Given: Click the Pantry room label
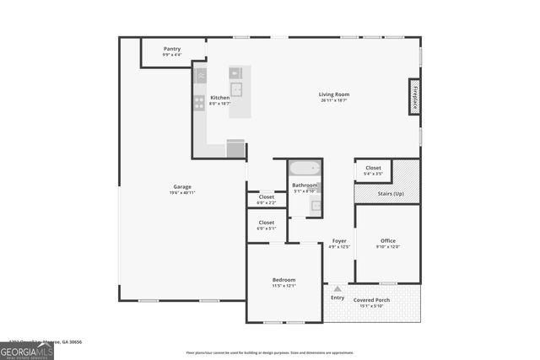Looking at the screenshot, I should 171,49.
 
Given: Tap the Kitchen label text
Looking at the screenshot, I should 219,97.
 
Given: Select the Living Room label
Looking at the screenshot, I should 333,94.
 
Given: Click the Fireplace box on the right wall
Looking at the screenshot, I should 414,94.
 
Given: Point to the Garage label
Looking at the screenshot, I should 182,186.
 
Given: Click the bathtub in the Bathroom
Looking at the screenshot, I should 304,168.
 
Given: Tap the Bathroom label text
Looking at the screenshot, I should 305,185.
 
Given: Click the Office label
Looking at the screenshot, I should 387,240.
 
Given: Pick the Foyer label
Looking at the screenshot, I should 338,241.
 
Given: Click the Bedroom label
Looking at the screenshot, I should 283,279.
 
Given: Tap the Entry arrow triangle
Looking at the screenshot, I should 337,288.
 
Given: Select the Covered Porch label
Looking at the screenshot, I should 371,300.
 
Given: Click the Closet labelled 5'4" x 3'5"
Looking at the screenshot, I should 373,168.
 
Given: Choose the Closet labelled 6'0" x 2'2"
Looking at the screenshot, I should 267,196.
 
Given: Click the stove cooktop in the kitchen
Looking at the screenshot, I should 200,103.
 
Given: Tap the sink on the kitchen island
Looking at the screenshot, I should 237,89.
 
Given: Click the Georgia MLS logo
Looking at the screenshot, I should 27,352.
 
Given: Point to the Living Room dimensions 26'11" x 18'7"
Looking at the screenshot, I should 333,100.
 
